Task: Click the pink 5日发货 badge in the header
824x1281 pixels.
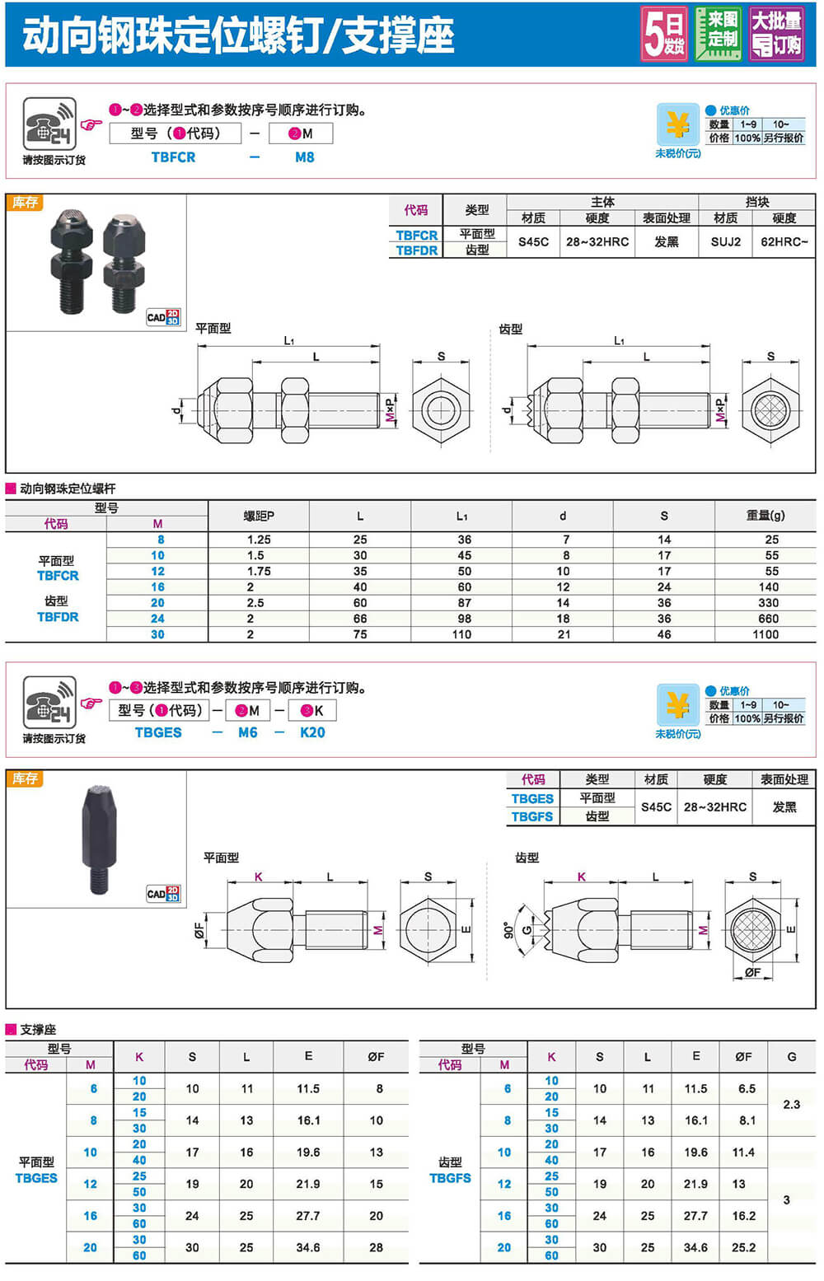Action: point(664,34)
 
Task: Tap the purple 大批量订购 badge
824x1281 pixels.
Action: point(776,34)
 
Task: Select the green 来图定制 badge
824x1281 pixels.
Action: point(719,34)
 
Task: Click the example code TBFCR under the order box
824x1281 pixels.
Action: point(173,157)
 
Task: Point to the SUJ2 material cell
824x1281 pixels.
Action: point(726,242)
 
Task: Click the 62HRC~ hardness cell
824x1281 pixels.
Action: point(784,242)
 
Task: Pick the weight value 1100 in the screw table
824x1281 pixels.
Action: point(765,634)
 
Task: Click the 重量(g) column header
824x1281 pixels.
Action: point(765,515)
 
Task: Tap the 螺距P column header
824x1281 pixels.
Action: point(259,516)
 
